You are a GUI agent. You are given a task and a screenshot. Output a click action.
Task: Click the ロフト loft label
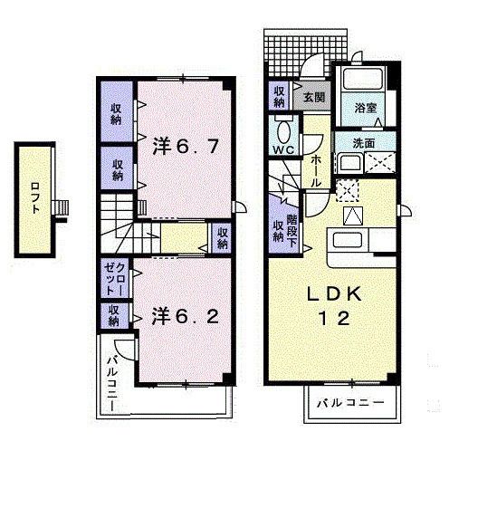35,197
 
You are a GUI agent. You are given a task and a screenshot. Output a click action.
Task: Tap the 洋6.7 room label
186,147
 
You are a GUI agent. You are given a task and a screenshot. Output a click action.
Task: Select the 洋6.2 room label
186,316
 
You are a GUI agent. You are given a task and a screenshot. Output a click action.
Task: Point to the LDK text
334,293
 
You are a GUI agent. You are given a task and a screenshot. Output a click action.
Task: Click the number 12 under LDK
334,319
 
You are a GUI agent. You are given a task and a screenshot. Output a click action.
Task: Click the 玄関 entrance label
314,97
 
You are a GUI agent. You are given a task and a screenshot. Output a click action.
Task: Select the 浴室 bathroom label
366,108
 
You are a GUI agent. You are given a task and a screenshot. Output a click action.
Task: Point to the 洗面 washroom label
364,143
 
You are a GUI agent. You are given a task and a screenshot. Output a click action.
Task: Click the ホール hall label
315,171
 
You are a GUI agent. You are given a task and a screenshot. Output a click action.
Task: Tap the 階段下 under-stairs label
292,231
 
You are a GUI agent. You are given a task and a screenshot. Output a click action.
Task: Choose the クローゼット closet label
115,279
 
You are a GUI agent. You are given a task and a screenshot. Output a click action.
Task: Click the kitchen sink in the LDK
346,240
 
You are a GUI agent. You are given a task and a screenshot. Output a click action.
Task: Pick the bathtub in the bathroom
363,78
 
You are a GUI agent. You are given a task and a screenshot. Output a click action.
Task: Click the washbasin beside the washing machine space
349,163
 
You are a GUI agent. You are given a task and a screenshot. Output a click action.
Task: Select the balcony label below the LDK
351,403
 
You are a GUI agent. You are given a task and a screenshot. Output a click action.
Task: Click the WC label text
284,150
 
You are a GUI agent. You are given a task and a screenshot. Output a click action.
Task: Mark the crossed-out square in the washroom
380,162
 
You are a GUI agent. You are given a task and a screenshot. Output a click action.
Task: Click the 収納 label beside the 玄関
280,97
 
